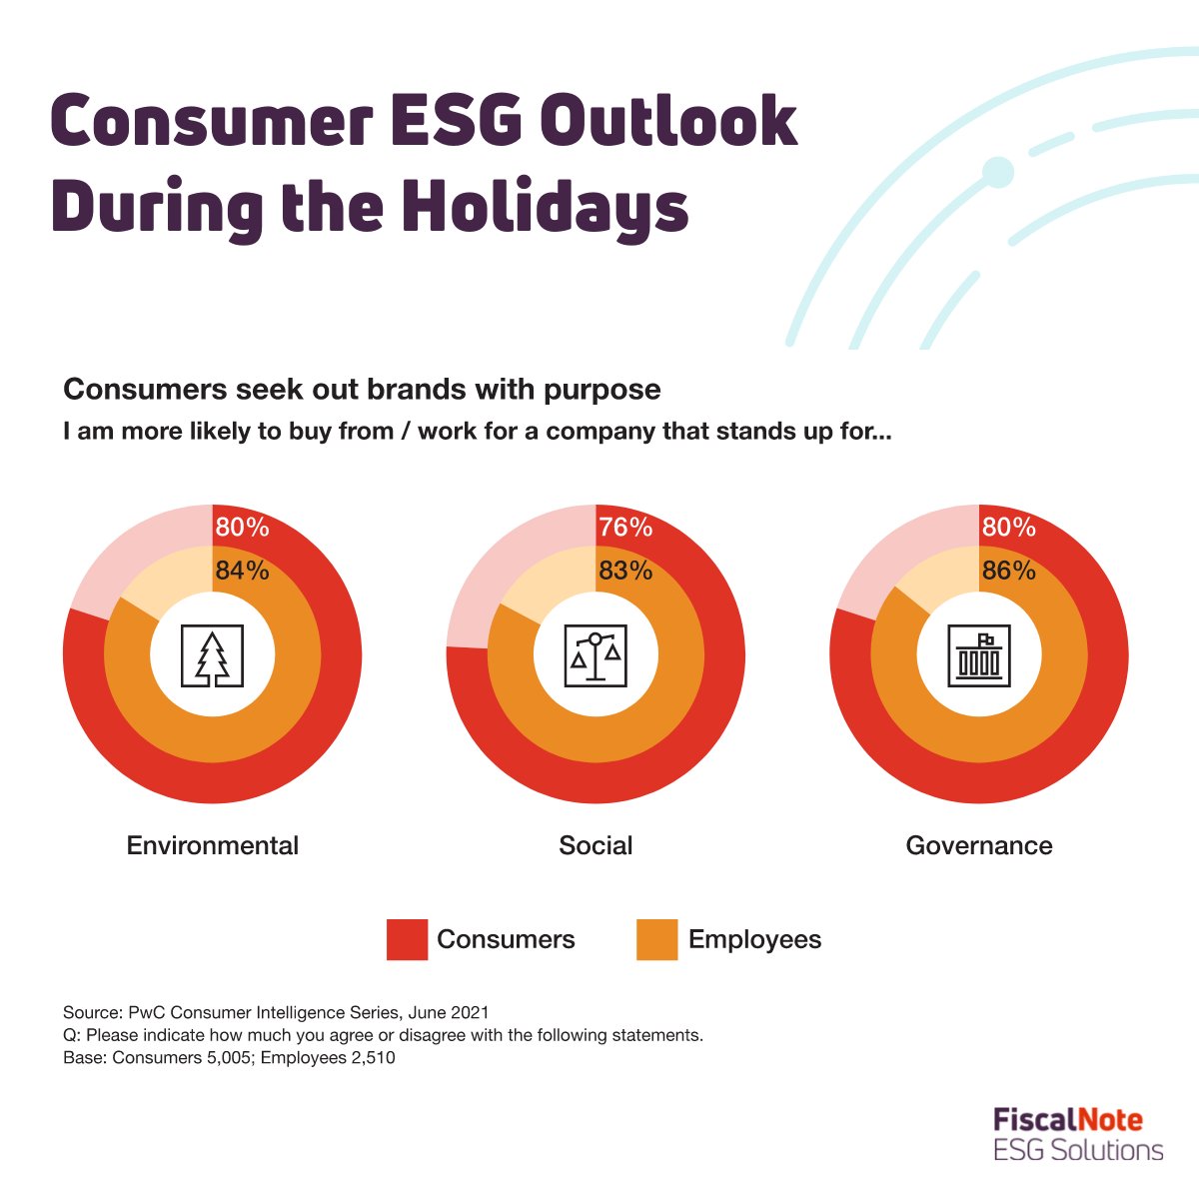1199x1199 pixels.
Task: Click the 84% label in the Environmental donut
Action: click(x=242, y=571)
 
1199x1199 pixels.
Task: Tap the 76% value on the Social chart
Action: click(x=625, y=527)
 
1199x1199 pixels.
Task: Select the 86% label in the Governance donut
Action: click(x=1008, y=571)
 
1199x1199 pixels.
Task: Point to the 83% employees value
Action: click(x=625, y=571)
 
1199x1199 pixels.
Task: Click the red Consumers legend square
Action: click(x=407, y=940)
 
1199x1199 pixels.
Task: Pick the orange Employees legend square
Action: click(x=656, y=940)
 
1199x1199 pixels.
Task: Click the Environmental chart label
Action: click(x=212, y=846)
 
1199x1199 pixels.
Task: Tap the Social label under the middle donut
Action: click(x=596, y=846)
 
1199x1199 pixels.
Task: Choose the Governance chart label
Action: click(x=979, y=846)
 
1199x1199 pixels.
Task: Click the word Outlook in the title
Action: click(x=668, y=122)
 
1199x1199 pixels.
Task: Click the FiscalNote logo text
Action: click(x=1067, y=1120)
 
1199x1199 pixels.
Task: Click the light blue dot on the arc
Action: click(x=997, y=173)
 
